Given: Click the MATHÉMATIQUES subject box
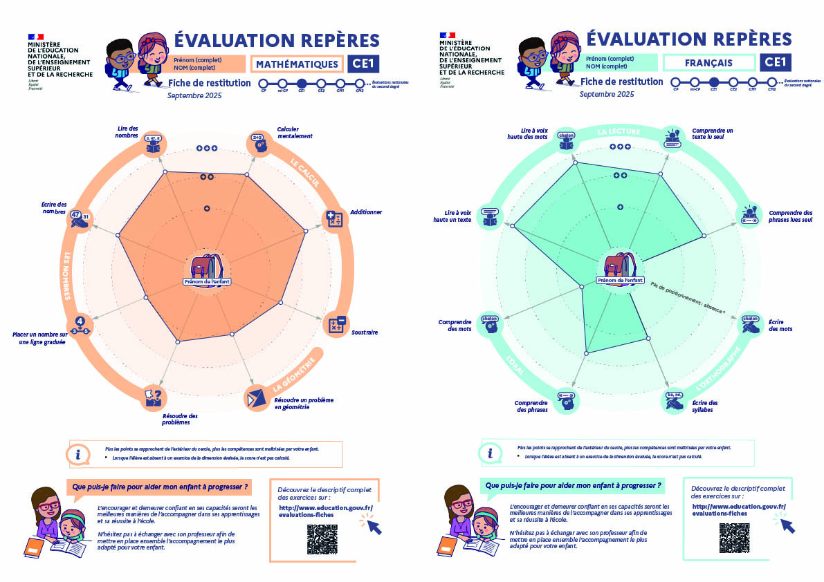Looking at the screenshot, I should pos(297,64).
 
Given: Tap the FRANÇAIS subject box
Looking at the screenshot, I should pos(709,63).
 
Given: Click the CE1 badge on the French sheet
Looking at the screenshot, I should pos(776,62).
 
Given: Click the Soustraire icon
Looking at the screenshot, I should pos(337,325).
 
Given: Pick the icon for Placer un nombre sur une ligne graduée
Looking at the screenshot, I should pos(81,324).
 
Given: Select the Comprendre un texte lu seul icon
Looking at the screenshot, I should pos(673,138).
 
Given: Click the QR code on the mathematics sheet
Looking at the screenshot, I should pos(322,538).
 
